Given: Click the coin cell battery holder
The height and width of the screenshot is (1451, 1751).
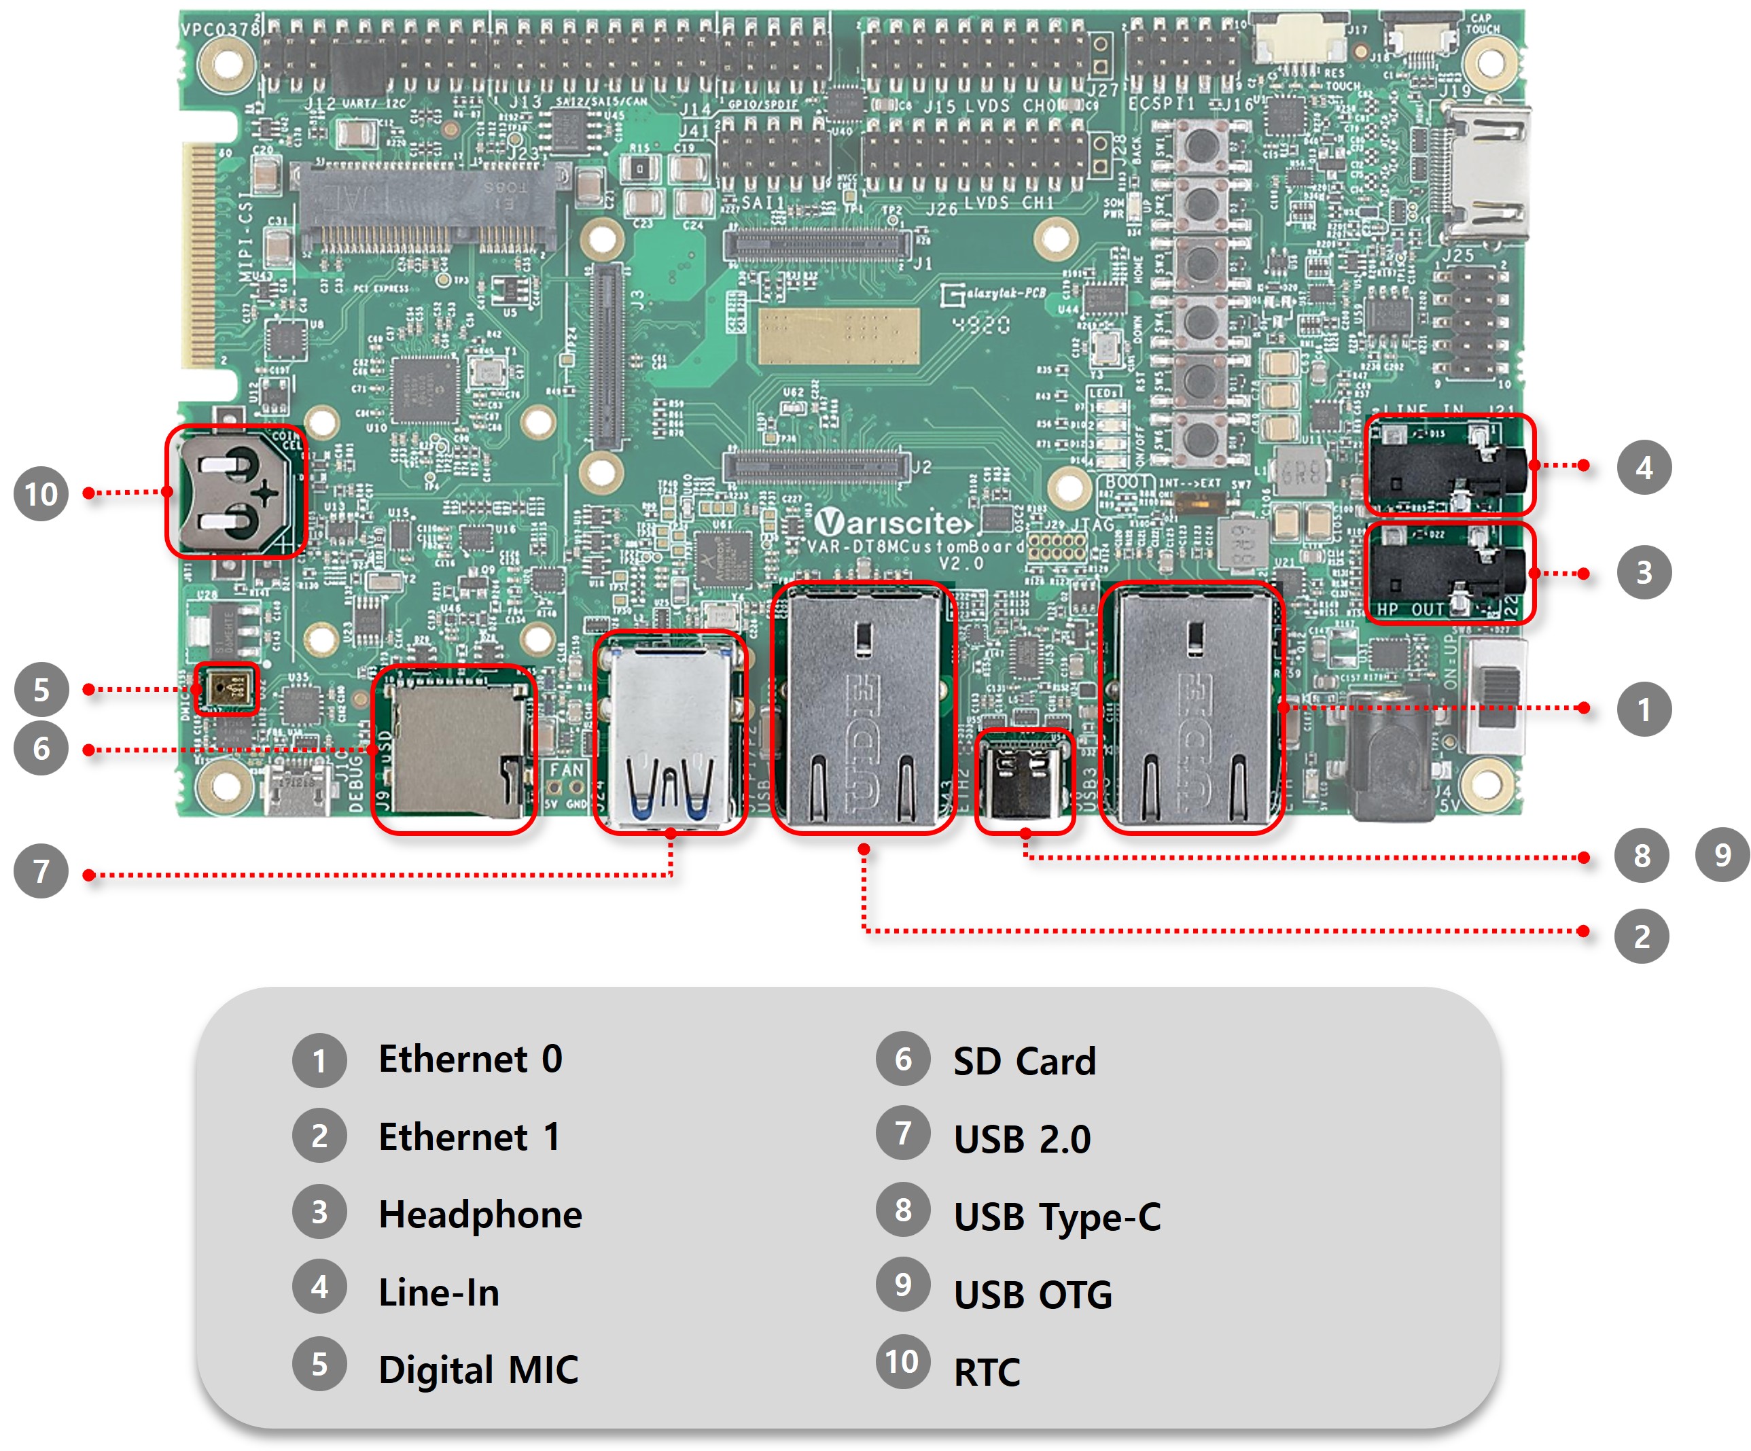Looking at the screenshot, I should (236, 492).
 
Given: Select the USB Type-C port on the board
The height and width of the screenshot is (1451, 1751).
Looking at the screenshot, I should (1025, 782).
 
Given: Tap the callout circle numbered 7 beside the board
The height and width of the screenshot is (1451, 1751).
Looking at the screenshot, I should (41, 871).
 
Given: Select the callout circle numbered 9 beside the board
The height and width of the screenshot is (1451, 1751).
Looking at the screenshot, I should (1722, 855).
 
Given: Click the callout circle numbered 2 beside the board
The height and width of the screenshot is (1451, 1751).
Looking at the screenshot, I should (1641, 937).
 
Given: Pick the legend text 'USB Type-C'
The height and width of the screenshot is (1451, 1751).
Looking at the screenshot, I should (1057, 1217).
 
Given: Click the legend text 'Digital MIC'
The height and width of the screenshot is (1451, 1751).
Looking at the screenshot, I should (478, 1370).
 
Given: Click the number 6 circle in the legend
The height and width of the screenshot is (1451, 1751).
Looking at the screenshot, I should (902, 1060).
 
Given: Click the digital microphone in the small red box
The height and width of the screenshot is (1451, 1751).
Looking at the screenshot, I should (226, 689).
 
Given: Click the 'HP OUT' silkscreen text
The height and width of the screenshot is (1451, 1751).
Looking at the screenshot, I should (1410, 610).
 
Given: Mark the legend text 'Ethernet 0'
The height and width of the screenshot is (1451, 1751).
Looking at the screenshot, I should (470, 1059).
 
